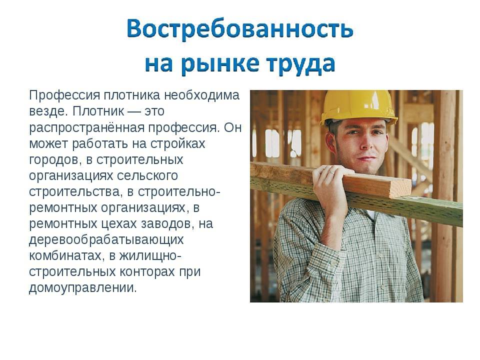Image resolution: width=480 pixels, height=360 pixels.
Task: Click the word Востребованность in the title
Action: (x=240, y=29)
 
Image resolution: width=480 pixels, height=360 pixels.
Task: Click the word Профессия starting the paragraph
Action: (x=64, y=95)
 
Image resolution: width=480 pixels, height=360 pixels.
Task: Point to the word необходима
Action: (x=201, y=95)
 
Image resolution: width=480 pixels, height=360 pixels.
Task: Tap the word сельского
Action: (x=147, y=175)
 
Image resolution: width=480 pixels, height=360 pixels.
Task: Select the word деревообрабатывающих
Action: (x=106, y=239)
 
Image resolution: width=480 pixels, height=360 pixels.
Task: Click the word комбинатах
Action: (x=65, y=255)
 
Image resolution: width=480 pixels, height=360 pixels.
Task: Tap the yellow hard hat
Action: (x=359, y=106)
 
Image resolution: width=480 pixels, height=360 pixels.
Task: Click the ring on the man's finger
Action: (x=331, y=173)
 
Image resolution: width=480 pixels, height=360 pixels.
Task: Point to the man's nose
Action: (x=364, y=142)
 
